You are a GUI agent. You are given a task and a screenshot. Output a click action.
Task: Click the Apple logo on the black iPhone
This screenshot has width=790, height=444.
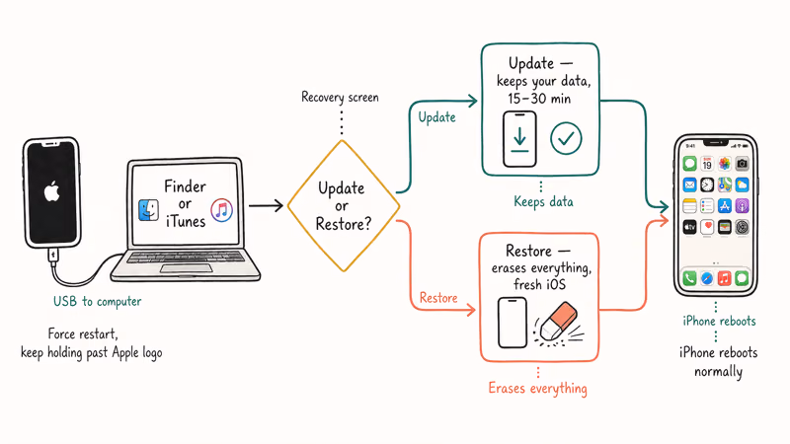[x=51, y=191]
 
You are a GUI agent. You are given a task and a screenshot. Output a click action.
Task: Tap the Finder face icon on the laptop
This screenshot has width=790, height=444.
[x=149, y=210]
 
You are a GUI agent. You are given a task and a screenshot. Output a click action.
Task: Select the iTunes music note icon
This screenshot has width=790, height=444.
[x=221, y=209]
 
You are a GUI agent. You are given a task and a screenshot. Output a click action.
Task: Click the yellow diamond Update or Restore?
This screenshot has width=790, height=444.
[x=343, y=205]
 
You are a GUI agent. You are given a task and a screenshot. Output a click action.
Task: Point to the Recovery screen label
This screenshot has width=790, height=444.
[x=342, y=97]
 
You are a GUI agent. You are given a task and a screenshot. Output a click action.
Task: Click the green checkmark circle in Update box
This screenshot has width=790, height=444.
[x=566, y=138]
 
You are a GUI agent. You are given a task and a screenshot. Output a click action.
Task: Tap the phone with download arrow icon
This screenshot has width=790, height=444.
[x=519, y=139]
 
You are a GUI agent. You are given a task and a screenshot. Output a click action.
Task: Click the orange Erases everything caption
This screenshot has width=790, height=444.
[x=538, y=388]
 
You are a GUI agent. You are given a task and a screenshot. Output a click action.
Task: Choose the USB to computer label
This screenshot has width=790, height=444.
[x=97, y=301]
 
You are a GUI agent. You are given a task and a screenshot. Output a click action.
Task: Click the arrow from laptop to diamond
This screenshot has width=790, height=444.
[x=265, y=206]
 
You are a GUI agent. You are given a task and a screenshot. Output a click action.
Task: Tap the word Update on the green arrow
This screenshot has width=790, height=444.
[x=437, y=117]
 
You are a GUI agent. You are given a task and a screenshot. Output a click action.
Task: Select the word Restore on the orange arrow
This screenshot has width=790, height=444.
[x=437, y=296]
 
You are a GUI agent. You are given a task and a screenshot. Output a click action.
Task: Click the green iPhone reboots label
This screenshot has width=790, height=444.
[x=718, y=322]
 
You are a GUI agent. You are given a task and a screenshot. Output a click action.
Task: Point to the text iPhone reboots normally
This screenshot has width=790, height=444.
[x=718, y=363]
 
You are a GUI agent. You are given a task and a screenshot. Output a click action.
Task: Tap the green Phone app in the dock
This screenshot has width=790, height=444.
[x=690, y=279]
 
